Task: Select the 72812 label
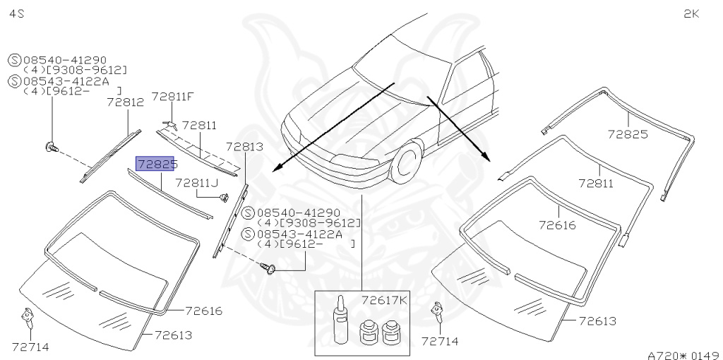pos(125,102)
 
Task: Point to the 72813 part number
pos(244,147)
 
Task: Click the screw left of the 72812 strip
pos(51,147)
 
